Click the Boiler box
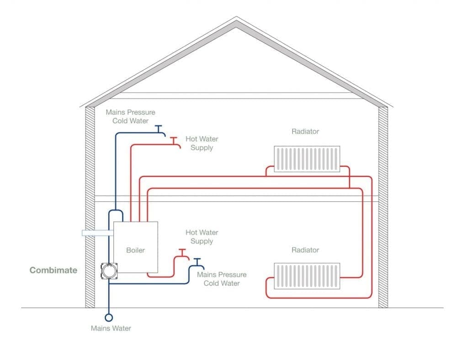coord(136,247)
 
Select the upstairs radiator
coord(307,159)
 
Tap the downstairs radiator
coord(307,276)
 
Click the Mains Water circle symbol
coord(109,318)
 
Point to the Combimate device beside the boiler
coord(109,271)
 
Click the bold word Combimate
coord(53,270)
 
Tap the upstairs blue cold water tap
coord(159,129)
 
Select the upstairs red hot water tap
coord(174,140)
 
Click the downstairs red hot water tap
coord(181,253)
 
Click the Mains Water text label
coord(111,328)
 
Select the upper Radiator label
coord(305,132)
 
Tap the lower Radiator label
coord(305,250)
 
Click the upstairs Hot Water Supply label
coord(202,143)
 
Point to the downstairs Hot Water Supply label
coord(202,237)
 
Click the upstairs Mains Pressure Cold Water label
coord(130,116)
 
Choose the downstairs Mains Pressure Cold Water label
coord(222,279)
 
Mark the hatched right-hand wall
coord(383,206)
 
